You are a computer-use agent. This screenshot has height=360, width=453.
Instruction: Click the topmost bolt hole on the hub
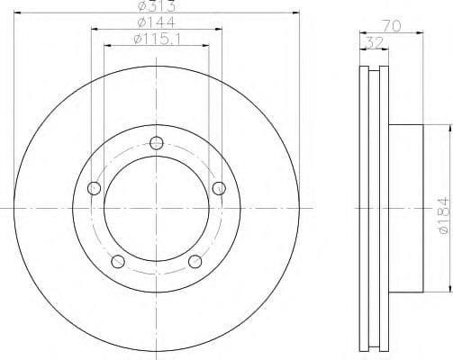[x=157, y=142]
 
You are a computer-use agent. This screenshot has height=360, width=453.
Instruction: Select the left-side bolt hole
[x=94, y=188]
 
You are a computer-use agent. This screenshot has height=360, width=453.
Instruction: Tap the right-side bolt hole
[x=219, y=187]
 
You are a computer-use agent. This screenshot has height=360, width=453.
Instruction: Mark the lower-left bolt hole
[x=118, y=262]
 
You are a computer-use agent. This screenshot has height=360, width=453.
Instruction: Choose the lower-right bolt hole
[x=195, y=262]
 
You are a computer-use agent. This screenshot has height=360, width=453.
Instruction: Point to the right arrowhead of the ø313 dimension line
[x=294, y=13]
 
